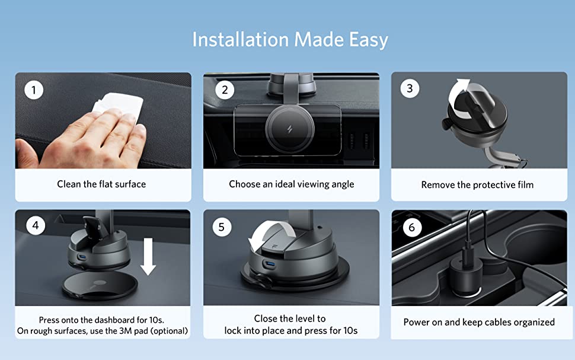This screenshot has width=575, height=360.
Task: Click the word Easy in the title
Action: (x=368, y=40)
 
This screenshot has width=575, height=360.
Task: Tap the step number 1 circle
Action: (x=34, y=90)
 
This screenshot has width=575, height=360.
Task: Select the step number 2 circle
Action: (x=225, y=90)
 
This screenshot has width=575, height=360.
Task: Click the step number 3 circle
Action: (x=410, y=88)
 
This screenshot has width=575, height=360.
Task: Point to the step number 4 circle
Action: (x=36, y=225)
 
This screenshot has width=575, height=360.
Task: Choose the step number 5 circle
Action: (x=222, y=227)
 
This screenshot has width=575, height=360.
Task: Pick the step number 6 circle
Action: (x=412, y=228)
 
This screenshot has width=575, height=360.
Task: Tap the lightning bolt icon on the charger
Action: (x=290, y=129)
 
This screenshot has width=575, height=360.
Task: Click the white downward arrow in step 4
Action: (x=148, y=257)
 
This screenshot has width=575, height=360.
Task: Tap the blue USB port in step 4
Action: (x=82, y=257)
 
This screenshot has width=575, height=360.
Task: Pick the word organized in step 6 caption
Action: (x=534, y=323)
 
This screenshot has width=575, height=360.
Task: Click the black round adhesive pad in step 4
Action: (x=100, y=286)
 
